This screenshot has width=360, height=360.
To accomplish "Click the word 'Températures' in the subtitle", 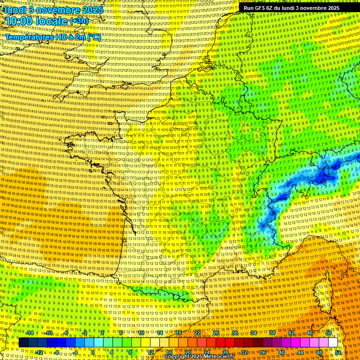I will tap(29, 37).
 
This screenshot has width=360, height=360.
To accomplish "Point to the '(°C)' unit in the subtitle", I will tap(93, 37).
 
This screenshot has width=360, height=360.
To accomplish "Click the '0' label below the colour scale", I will tap(93, 352).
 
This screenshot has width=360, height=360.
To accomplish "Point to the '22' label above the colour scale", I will tap(197, 333).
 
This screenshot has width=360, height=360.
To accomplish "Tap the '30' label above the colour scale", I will tap(234, 333).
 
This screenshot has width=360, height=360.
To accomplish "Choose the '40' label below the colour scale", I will tap(282, 352).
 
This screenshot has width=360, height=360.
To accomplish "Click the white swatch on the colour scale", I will tap(333, 343).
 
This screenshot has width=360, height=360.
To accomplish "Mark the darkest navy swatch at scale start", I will tap(23, 343).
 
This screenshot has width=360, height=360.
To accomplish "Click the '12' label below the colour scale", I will tap(150, 352).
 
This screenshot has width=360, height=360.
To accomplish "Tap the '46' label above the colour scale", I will tap(309, 333).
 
